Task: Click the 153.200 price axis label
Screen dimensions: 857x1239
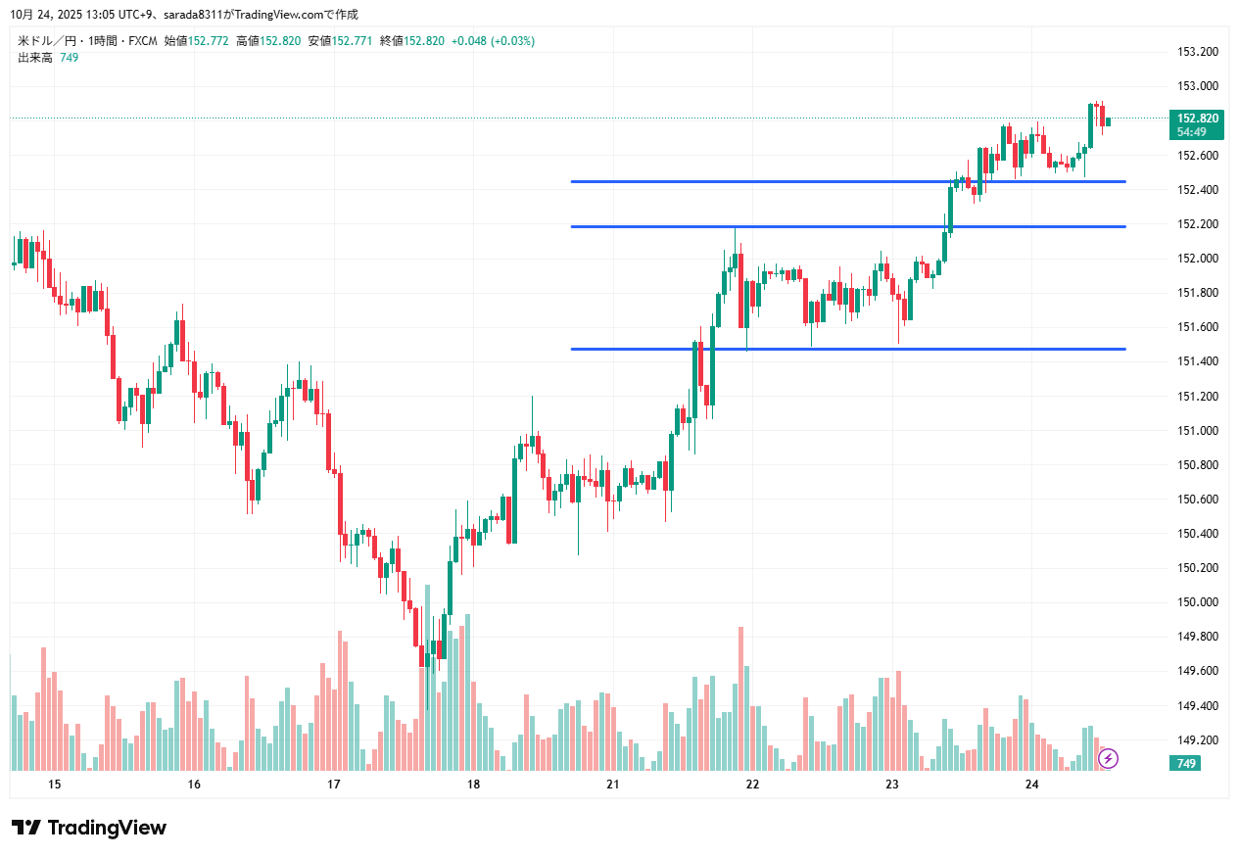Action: point(1196,52)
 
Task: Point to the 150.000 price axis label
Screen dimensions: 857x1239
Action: point(1196,602)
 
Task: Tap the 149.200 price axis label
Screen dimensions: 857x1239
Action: point(1196,740)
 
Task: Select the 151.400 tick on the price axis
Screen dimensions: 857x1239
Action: point(1196,362)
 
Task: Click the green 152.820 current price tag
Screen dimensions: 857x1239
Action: point(1197,119)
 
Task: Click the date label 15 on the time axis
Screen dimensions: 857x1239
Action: point(54,785)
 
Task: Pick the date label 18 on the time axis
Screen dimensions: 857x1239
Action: point(473,785)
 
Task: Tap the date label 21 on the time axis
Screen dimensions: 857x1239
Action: point(613,785)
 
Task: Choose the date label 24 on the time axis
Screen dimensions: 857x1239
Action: point(1031,785)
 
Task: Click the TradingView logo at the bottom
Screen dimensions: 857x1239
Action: point(89,828)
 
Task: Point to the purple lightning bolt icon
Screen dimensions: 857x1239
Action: point(1109,758)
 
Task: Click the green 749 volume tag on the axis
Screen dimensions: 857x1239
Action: point(1186,763)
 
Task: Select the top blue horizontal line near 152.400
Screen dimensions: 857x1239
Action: point(847,181)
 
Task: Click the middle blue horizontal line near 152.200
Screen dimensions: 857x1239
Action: point(847,226)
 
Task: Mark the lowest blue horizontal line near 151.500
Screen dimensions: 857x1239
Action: point(847,349)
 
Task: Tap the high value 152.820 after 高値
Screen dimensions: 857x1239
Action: point(280,41)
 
